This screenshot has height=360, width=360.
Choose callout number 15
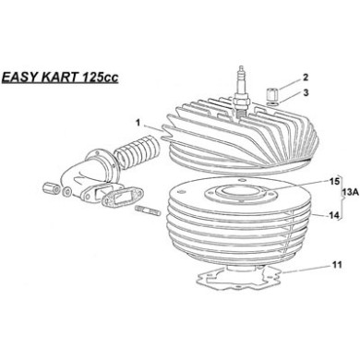(308, 208)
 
